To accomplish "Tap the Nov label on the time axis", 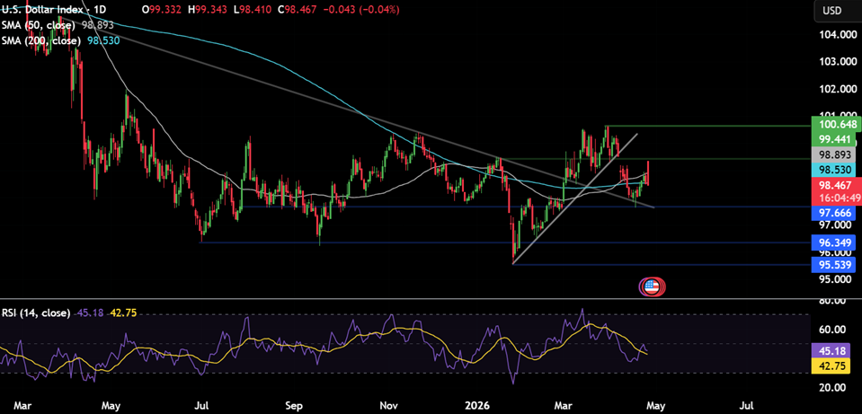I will pos(389,405).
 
